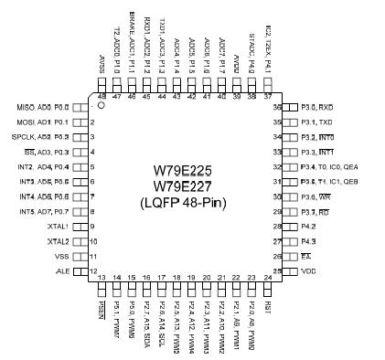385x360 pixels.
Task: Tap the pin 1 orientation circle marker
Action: (x=102, y=106)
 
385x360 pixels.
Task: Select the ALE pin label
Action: (x=62, y=272)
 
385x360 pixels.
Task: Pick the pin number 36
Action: (x=277, y=107)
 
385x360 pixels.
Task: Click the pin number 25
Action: (x=277, y=271)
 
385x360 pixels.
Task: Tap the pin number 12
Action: (x=93, y=271)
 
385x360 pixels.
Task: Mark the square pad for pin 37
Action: (x=268, y=83)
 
